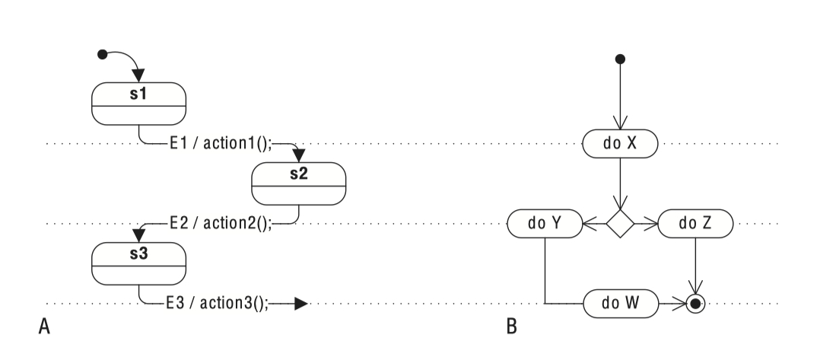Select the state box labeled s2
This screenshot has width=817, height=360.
click(x=298, y=183)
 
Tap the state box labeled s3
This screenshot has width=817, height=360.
click(x=138, y=263)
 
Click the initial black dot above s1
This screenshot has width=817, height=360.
click(x=103, y=54)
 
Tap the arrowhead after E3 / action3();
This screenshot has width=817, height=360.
click(x=300, y=304)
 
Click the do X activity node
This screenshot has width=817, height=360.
click(x=620, y=142)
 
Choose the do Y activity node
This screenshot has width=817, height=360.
click(x=545, y=223)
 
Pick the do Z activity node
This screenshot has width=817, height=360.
click(x=695, y=223)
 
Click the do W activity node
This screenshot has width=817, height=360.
click(x=620, y=304)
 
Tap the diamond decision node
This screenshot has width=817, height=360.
click(x=620, y=223)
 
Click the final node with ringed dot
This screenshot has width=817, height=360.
click(x=695, y=304)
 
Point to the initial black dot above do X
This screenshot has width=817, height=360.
click(x=620, y=59)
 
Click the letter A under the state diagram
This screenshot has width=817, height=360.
click(x=43, y=327)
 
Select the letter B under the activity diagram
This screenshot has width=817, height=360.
click(x=511, y=327)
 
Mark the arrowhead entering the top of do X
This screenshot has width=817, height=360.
click(x=620, y=125)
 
